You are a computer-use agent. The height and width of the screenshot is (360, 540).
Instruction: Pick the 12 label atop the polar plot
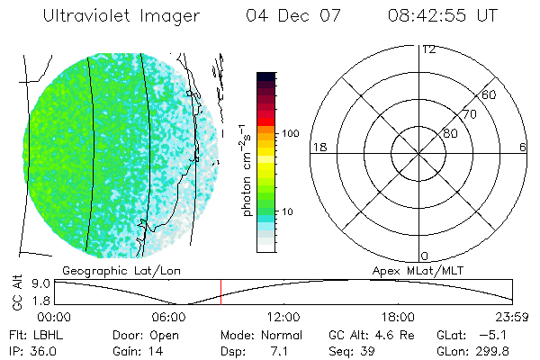(428, 49)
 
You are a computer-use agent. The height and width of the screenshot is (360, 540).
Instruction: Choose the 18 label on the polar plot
(318, 147)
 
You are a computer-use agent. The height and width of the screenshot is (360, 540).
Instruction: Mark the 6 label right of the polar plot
(522, 147)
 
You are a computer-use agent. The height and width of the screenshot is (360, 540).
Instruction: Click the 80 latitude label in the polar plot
(450, 133)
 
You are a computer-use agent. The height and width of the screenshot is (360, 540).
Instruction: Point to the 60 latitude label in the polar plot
(490, 94)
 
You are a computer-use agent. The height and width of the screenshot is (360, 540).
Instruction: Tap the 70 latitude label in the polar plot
(470, 114)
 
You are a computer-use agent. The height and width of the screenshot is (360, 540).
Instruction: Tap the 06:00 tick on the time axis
(169, 317)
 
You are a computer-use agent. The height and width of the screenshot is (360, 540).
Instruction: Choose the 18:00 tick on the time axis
(399, 317)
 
